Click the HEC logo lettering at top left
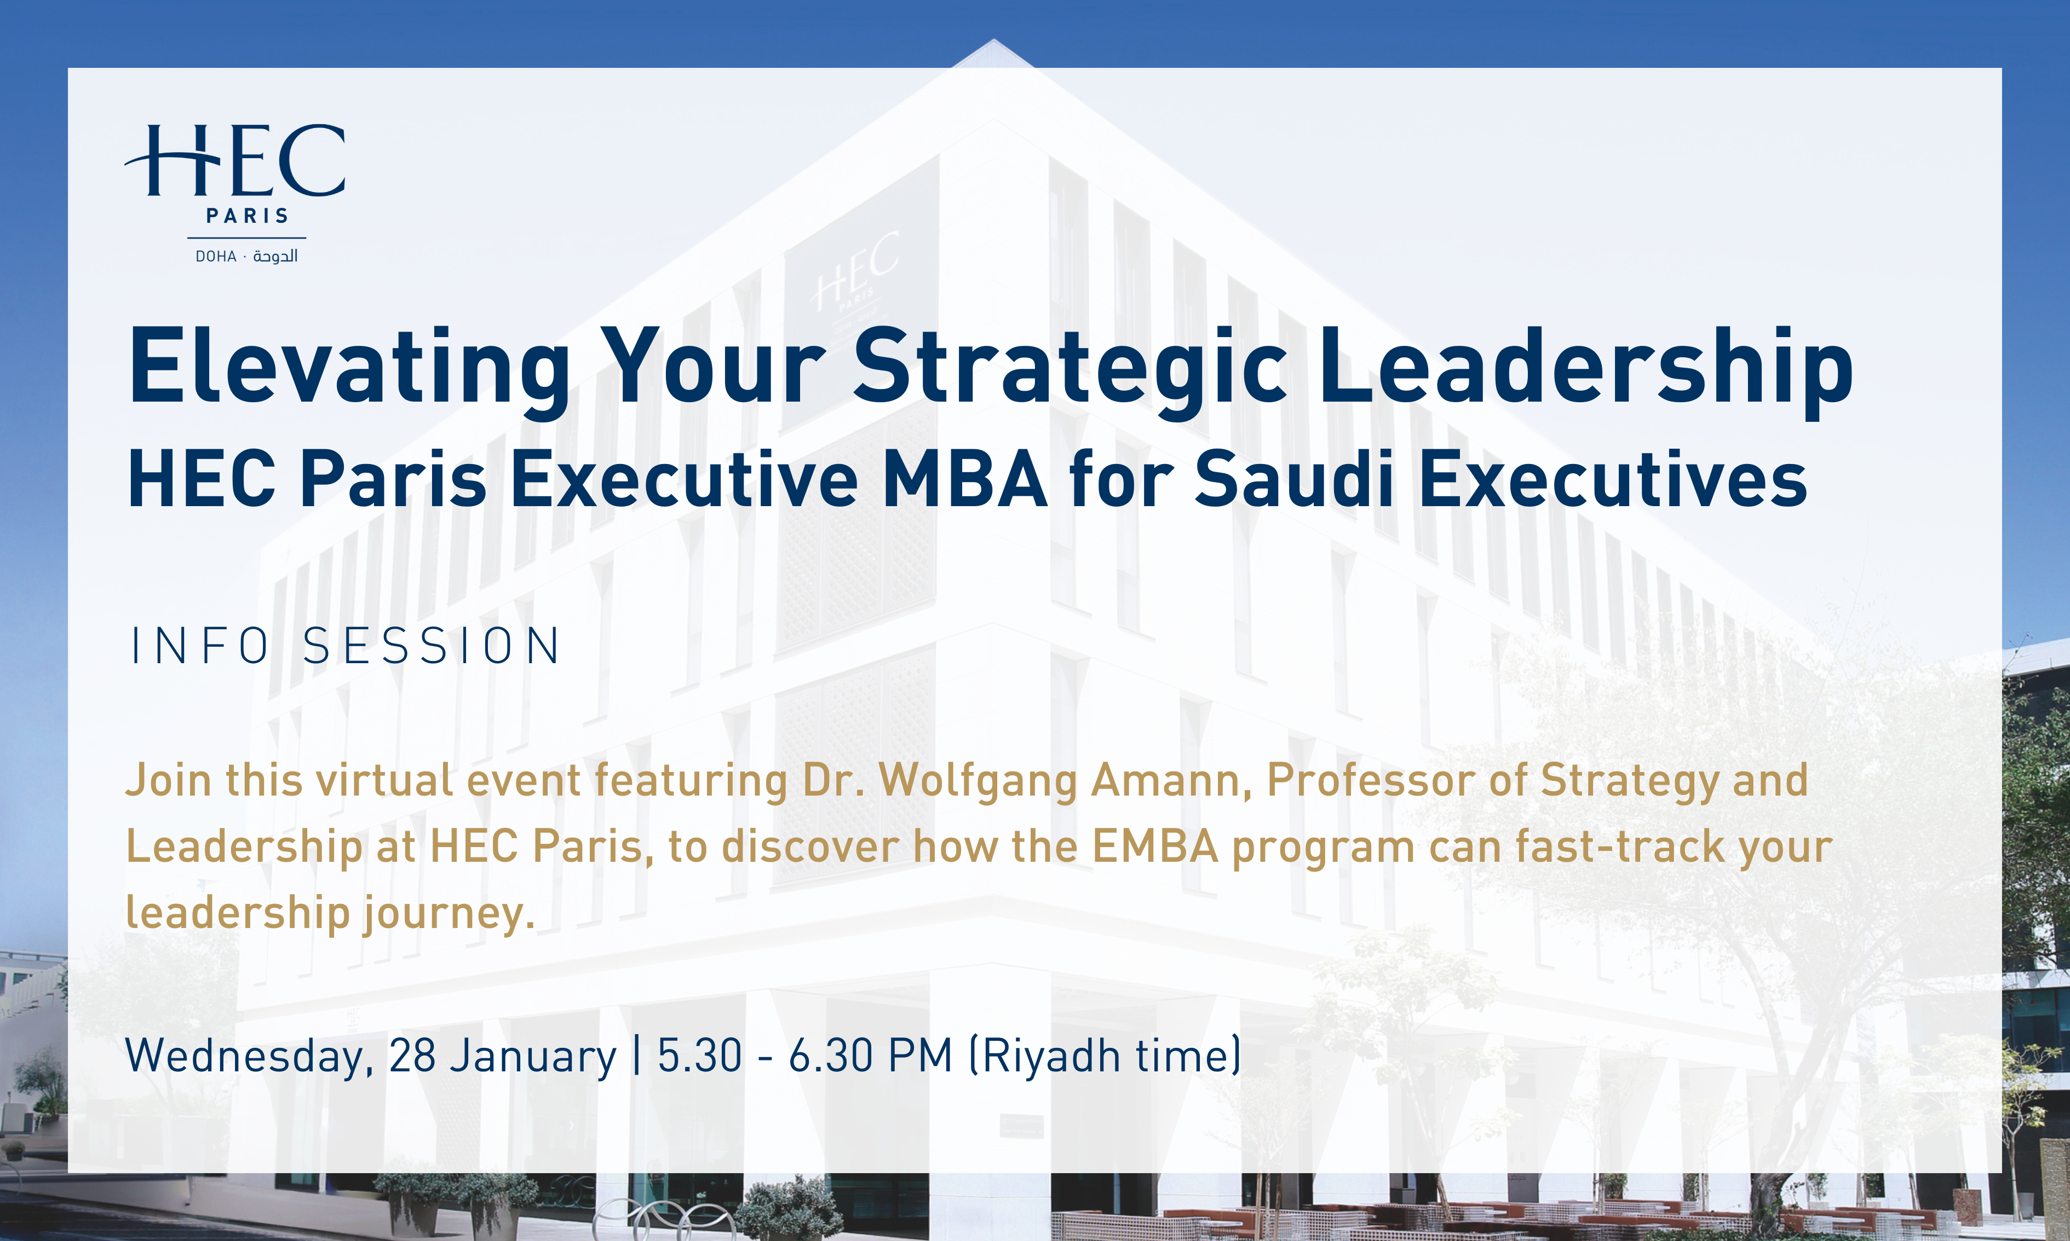click(x=236, y=160)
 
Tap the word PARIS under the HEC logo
click(x=247, y=216)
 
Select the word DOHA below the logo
click(x=216, y=257)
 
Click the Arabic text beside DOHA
click(x=275, y=256)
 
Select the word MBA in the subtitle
click(x=965, y=479)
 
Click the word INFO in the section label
click(x=200, y=646)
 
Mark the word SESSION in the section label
click(x=432, y=646)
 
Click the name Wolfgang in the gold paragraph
click(x=978, y=781)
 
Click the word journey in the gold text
click(x=447, y=913)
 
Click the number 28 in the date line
click(x=412, y=1056)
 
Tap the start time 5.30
click(x=699, y=1056)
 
